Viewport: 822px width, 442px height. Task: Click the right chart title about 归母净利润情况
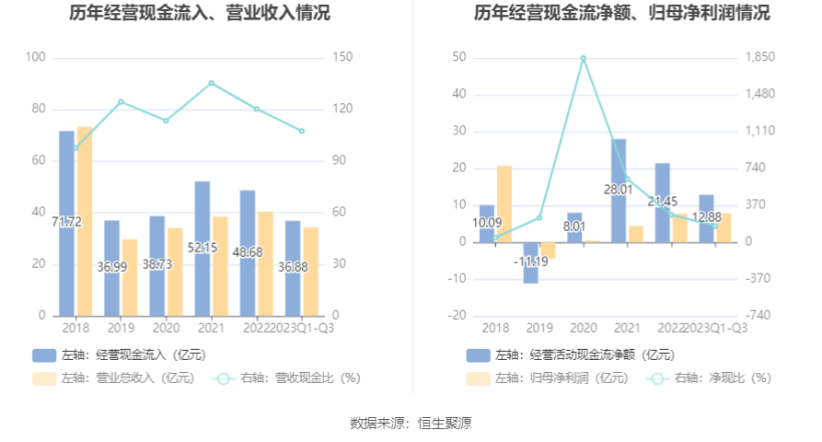pyautogui.click(x=622, y=14)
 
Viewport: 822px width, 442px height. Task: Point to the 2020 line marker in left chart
pyautogui.click(x=167, y=121)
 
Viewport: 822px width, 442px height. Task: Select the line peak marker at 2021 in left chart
pyautogui.click(x=212, y=83)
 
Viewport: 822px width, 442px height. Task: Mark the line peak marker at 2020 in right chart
pyautogui.click(x=584, y=58)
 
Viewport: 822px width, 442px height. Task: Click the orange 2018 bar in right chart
pyautogui.click(x=504, y=204)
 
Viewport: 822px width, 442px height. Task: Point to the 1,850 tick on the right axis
pyautogui.click(x=760, y=57)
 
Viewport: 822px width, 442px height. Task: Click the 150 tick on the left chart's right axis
pyautogui.click(x=342, y=57)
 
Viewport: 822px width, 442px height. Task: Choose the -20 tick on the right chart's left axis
pyautogui.click(x=457, y=315)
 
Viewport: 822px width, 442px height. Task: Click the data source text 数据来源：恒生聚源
pyautogui.click(x=411, y=423)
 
